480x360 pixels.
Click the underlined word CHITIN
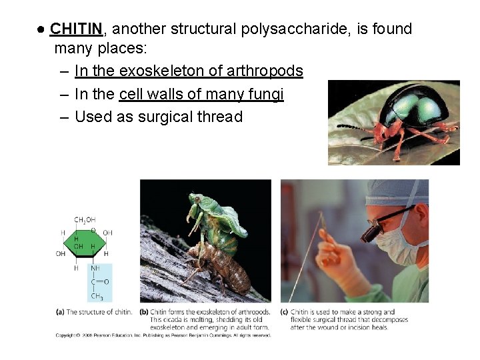[x=76, y=29]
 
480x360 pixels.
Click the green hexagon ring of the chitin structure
[x=83, y=243]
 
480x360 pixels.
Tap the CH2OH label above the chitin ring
[x=84, y=220]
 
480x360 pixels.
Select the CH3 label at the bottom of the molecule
[x=97, y=297]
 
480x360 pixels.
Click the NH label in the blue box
[x=95, y=268]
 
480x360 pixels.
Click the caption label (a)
[x=61, y=312]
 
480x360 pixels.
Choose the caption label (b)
[x=144, y=312]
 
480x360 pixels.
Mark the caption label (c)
[x=284, y=312]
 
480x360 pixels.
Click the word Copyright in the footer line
[x=67, y=335]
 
